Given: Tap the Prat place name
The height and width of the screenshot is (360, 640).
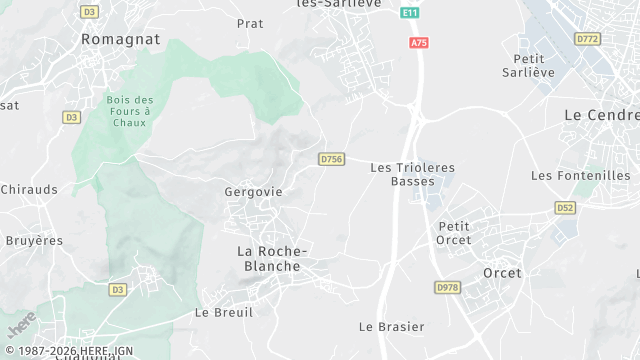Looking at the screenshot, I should coord(250,23).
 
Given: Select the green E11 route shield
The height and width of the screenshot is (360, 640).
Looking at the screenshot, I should coord(409,12).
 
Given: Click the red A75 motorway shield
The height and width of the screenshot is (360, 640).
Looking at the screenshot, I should coord(419,43).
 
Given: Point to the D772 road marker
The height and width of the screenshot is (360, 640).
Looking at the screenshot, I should coord(587,38).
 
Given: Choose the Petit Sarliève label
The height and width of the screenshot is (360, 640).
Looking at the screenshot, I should coord(527,65).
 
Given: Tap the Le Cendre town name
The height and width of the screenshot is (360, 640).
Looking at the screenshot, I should coord(601,115).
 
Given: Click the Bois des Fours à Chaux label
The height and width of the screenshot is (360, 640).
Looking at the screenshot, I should coord(130,111).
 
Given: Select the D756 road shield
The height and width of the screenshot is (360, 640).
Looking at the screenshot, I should coord(332,159).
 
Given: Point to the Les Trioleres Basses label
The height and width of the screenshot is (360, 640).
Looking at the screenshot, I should coord(412,174).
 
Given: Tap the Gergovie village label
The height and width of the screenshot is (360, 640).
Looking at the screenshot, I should coord(254,192).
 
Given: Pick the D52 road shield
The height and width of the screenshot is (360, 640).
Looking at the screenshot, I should coord(565,207).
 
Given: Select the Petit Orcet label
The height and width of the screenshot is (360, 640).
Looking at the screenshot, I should coord(454,233).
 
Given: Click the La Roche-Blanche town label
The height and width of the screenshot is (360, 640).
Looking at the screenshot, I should coord(272,258).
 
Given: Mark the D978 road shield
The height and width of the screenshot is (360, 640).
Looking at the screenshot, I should coord(447,287).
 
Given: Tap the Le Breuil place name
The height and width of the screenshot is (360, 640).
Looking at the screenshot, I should coord(224,312).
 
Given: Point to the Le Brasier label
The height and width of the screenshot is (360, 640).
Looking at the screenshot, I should coord(392,327).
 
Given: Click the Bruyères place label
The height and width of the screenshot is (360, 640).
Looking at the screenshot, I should coord(33,241).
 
